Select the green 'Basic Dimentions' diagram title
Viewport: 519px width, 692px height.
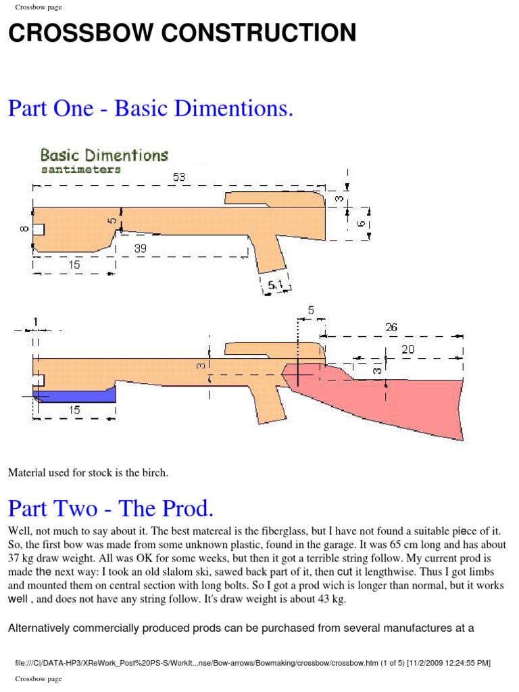click(104, 155)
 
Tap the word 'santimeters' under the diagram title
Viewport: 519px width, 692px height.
click(80, 170)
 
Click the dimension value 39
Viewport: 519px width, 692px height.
click(141, 249)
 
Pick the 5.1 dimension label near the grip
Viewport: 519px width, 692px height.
click(276, 285)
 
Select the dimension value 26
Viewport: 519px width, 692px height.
click(391, 327)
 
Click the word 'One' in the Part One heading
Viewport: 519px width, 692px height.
click(75, 108)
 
